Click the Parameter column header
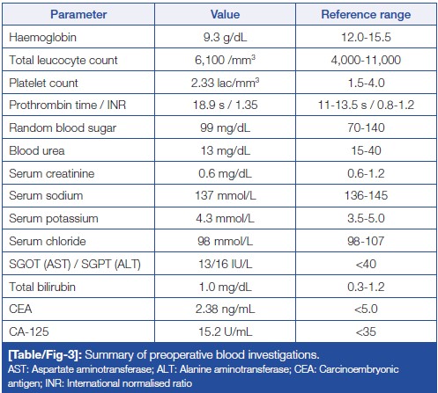pos(78,14)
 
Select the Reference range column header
pos(366,14)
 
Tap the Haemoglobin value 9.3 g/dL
pos(225,38)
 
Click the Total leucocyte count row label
pos(63,60)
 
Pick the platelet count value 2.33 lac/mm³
pos(225,83)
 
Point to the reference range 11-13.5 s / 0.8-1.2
pos(366,105)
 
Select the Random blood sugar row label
pos(63,128)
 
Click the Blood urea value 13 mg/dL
pos(226,151)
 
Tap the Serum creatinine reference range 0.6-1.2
pos(366,173)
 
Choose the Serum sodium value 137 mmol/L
pos(226,195)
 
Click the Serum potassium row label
pos(54,219)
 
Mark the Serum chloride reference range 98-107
pos(366,241)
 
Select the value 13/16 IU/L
pos(226,264)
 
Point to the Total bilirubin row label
pos(42,287)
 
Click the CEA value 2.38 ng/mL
pos(226,309)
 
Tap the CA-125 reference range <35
pos(366,331)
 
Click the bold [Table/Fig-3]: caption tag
pos(45,355)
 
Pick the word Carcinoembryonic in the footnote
pos(359,369)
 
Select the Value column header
pos(225,14)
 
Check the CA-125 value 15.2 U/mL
pos(226,331)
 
